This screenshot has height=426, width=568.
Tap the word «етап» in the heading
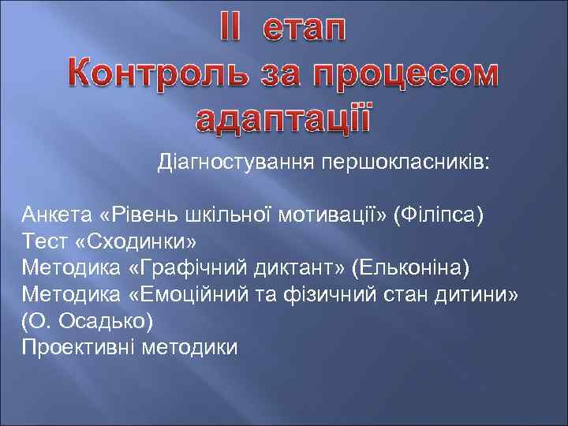point(305,33)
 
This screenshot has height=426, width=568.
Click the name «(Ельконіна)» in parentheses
point(412,267)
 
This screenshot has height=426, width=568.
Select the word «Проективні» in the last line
point(77,348)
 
